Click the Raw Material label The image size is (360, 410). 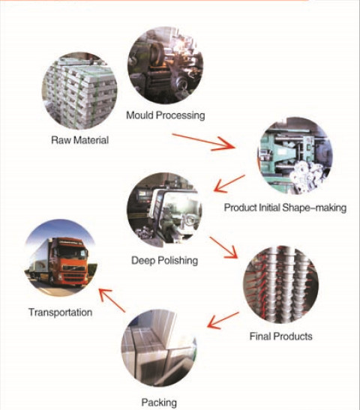click(79, 140)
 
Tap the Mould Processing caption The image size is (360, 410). click(165, 115)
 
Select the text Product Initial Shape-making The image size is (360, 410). click(285, 208)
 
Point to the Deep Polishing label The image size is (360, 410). click(164, 260)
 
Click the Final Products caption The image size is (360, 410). click(280, 337)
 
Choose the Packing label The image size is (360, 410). click(159, 403)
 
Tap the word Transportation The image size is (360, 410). click(60, 313)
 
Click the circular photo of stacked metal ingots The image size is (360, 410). click(79, 91)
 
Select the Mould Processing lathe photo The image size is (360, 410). click(165, 65)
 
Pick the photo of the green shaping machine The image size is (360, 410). click(295, 156)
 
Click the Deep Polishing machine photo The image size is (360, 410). click(164, 211)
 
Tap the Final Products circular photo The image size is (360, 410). click(280, 285)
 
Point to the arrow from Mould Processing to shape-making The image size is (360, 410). click(203, 142)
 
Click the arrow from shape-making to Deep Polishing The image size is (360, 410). click(229, 184)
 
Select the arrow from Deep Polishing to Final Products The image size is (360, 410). click(223, 247)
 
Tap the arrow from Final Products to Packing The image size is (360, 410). click(223, 320)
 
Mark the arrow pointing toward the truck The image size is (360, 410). click(112, 300)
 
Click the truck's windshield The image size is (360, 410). click(72, 251)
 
